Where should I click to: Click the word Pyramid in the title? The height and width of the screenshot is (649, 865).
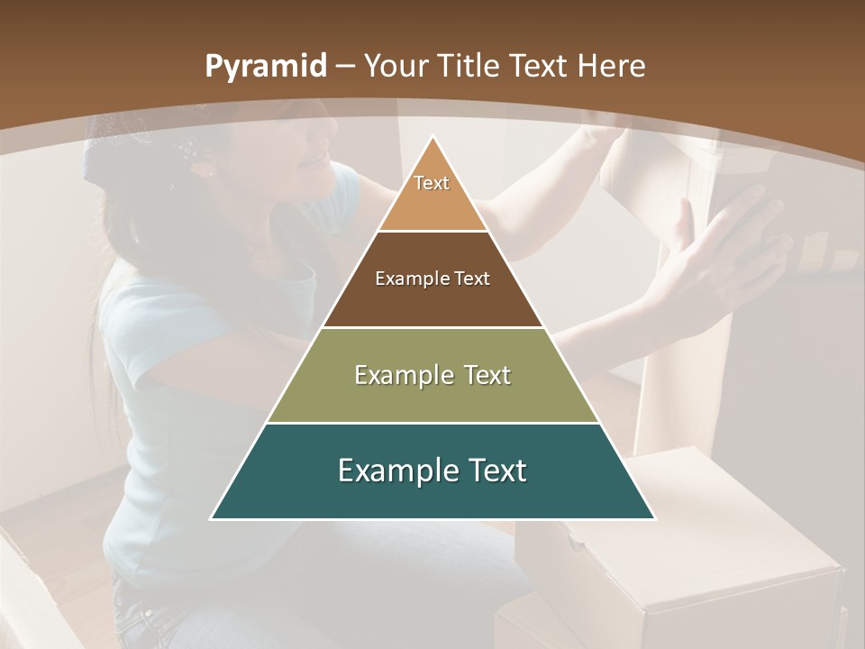tap(265, 68)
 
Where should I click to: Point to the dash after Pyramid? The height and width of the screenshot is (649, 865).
tap(344, 67)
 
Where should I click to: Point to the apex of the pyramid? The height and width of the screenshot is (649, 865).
tap(432, 137)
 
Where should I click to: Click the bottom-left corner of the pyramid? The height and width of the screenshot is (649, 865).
tap(212, 518)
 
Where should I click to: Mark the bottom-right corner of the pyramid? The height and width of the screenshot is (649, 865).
tap(654, 518)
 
